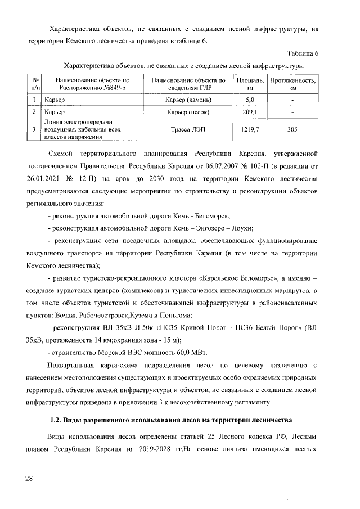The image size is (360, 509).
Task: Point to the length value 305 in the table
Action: click(292, 129)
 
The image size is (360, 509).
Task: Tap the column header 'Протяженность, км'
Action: click(292, 84)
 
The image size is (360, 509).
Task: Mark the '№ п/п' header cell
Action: click(34, 84)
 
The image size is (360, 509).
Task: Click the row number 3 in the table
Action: click(34, 129)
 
